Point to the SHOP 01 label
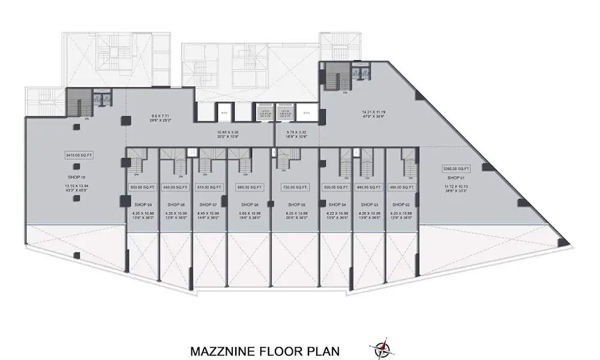(x=455, y=178)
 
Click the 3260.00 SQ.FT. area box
(x=455, y=168)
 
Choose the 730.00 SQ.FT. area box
(x=295, y=187)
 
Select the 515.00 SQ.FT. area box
(x=208, y=187)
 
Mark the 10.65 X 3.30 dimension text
(x=227, y=131)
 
